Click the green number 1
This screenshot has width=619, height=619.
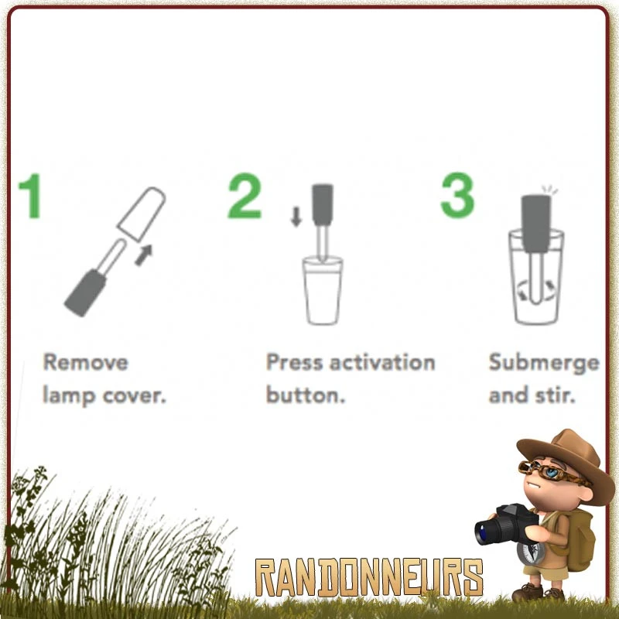click(x=31, y=196)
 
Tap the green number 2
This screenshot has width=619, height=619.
click(x=245, y=196)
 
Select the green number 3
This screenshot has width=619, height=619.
click(x=457, y=195)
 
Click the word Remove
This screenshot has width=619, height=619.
click(x=86, y=362)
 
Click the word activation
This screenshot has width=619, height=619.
click(x=382, y=362)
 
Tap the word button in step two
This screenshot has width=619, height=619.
click(x=306, y=395)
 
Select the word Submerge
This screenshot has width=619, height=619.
click(x=544, y=363)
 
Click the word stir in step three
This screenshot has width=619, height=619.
click(x=555, y=395)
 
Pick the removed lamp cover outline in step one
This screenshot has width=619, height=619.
click(x=142, y=214)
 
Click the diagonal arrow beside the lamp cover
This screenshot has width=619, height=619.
click(x=144, y=255)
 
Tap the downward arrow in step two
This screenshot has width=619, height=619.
click(x=296, y=217)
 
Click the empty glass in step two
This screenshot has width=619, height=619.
click(x=323, y=291)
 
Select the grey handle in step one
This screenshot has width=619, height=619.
click(x=85, y=292)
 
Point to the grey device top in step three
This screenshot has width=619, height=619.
click(x=536, y=224)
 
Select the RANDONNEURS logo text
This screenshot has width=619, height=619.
click(x=369, y=577)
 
